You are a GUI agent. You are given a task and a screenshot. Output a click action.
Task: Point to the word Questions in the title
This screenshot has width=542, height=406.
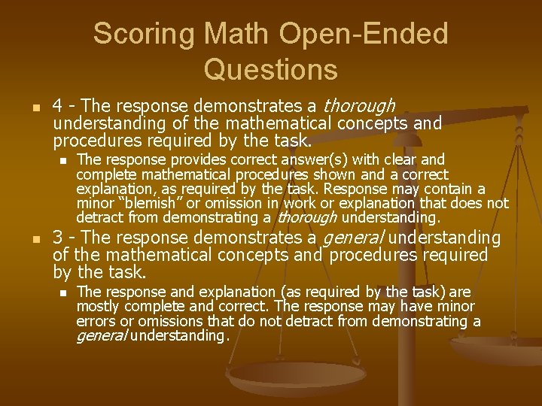[270, 69]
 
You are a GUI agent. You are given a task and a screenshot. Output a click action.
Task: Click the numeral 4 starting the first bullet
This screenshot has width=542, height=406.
[57, 105]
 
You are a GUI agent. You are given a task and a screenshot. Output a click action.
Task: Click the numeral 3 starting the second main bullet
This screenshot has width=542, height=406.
[57, 238]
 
